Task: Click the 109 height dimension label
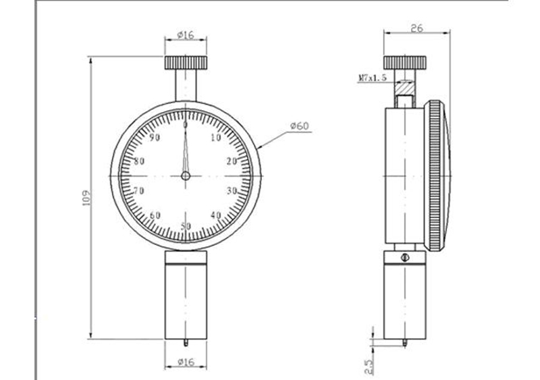tap(87, 197)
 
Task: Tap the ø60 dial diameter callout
tap(300, 126)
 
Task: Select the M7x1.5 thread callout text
tap(373, 78)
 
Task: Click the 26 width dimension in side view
tap(416, 28)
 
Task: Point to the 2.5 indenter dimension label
tap(368, 367)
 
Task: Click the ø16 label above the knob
tap(186, 35)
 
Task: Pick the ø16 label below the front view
tap(186, 362)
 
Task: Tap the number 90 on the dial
tap(155, 138)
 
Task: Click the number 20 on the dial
tap(232, 161)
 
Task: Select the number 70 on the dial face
tap(139, 190)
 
